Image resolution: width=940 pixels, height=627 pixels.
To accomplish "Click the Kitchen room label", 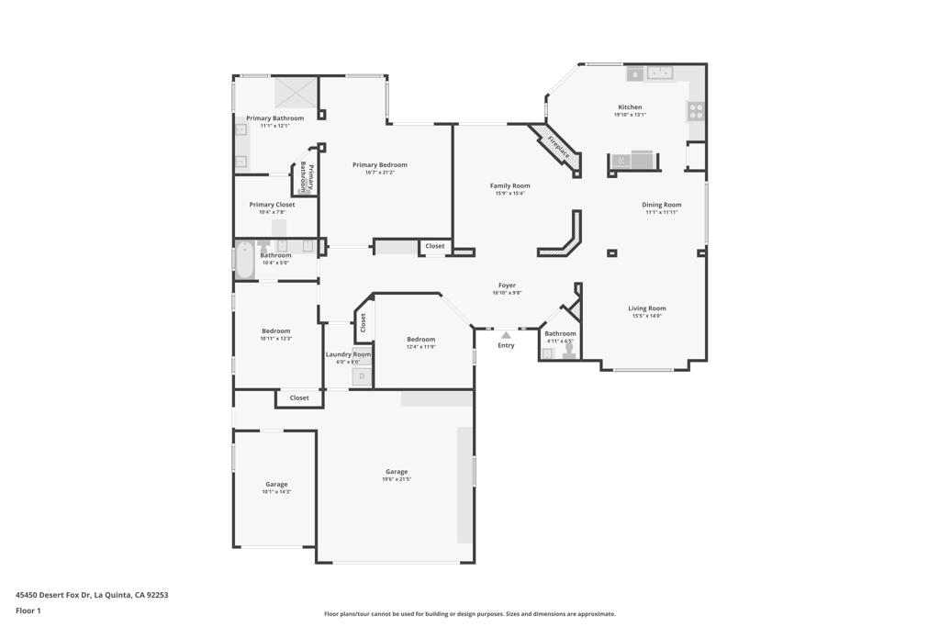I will tap(630, 107).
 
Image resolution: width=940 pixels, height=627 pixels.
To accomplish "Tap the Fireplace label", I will tap(558, 147).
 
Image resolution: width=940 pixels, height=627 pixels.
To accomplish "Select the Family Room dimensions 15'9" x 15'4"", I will tap(509, 194).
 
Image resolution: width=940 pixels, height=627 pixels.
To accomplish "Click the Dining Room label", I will tap(661, 205).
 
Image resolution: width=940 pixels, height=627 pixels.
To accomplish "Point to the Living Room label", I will tap(646, 308).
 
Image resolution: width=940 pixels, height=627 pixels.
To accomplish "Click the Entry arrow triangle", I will tap(506, 335).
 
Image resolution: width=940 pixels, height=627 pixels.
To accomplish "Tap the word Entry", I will tap(506, 345).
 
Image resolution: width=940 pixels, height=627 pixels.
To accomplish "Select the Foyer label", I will tap(507, 286).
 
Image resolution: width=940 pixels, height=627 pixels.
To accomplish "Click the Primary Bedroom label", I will tap(379, 165).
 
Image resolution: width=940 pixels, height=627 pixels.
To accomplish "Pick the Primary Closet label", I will tap(272, 205).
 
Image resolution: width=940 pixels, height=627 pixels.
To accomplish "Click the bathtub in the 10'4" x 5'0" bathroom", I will tap(245, 260).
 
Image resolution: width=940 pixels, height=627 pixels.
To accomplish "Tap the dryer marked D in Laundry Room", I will tap(362, 376).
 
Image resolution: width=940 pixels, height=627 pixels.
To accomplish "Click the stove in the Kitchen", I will tap(696, 111).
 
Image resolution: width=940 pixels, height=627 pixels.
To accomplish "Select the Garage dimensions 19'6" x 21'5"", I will tap(397, 479).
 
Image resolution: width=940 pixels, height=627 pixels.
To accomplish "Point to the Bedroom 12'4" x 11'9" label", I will tap(421, 340).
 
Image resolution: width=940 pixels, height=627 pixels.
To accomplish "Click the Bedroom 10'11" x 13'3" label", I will tap(275, 330).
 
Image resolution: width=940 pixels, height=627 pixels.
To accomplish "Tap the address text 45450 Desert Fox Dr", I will tap(92, 595).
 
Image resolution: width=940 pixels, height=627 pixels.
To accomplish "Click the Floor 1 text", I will tap(28, 610).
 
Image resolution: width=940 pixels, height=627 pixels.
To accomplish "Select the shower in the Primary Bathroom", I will tap(296, 93).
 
